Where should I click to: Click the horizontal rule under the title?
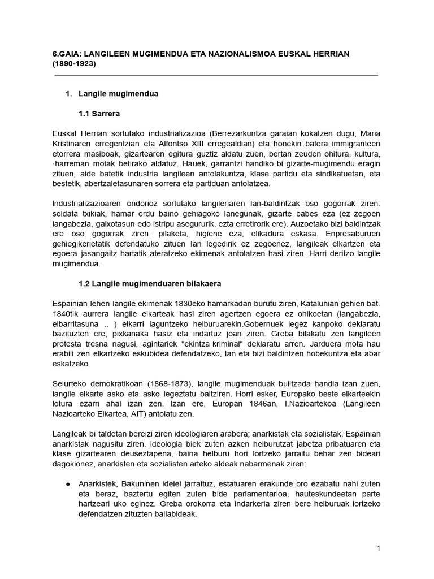(x=216, y=75)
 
